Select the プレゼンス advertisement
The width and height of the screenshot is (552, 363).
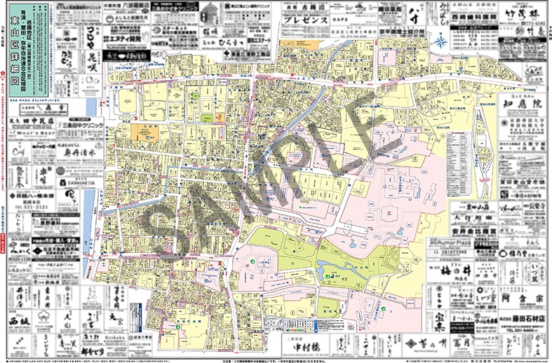click(x=307, y=20)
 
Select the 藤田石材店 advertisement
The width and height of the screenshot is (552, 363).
click(x=519, y=320)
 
